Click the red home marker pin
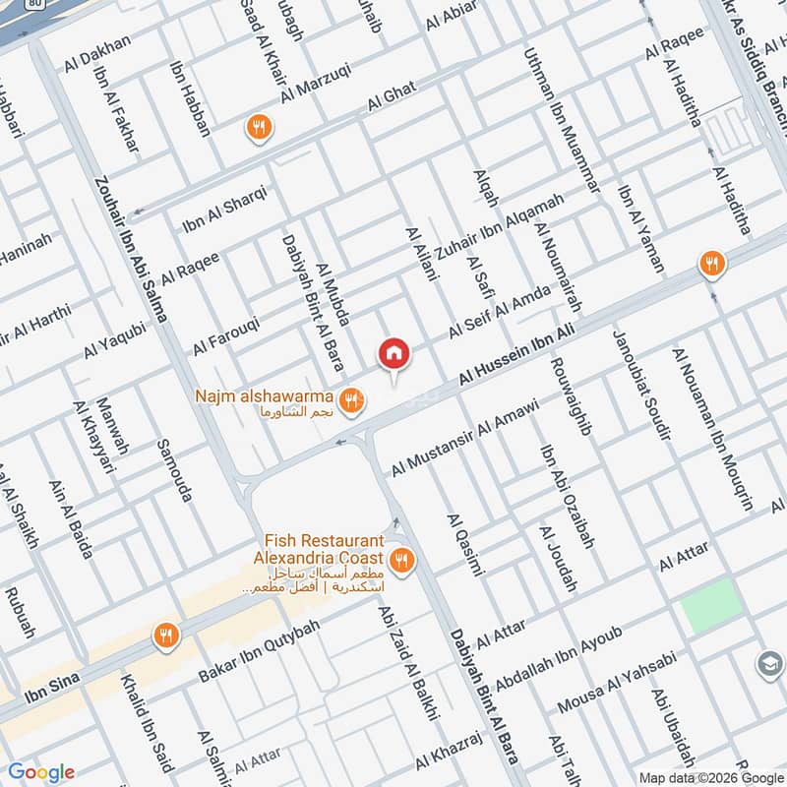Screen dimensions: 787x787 [393, 353]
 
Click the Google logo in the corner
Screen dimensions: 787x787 [41, 772]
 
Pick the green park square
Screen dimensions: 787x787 [711, 605]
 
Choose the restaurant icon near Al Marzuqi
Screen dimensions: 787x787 [259, 126]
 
